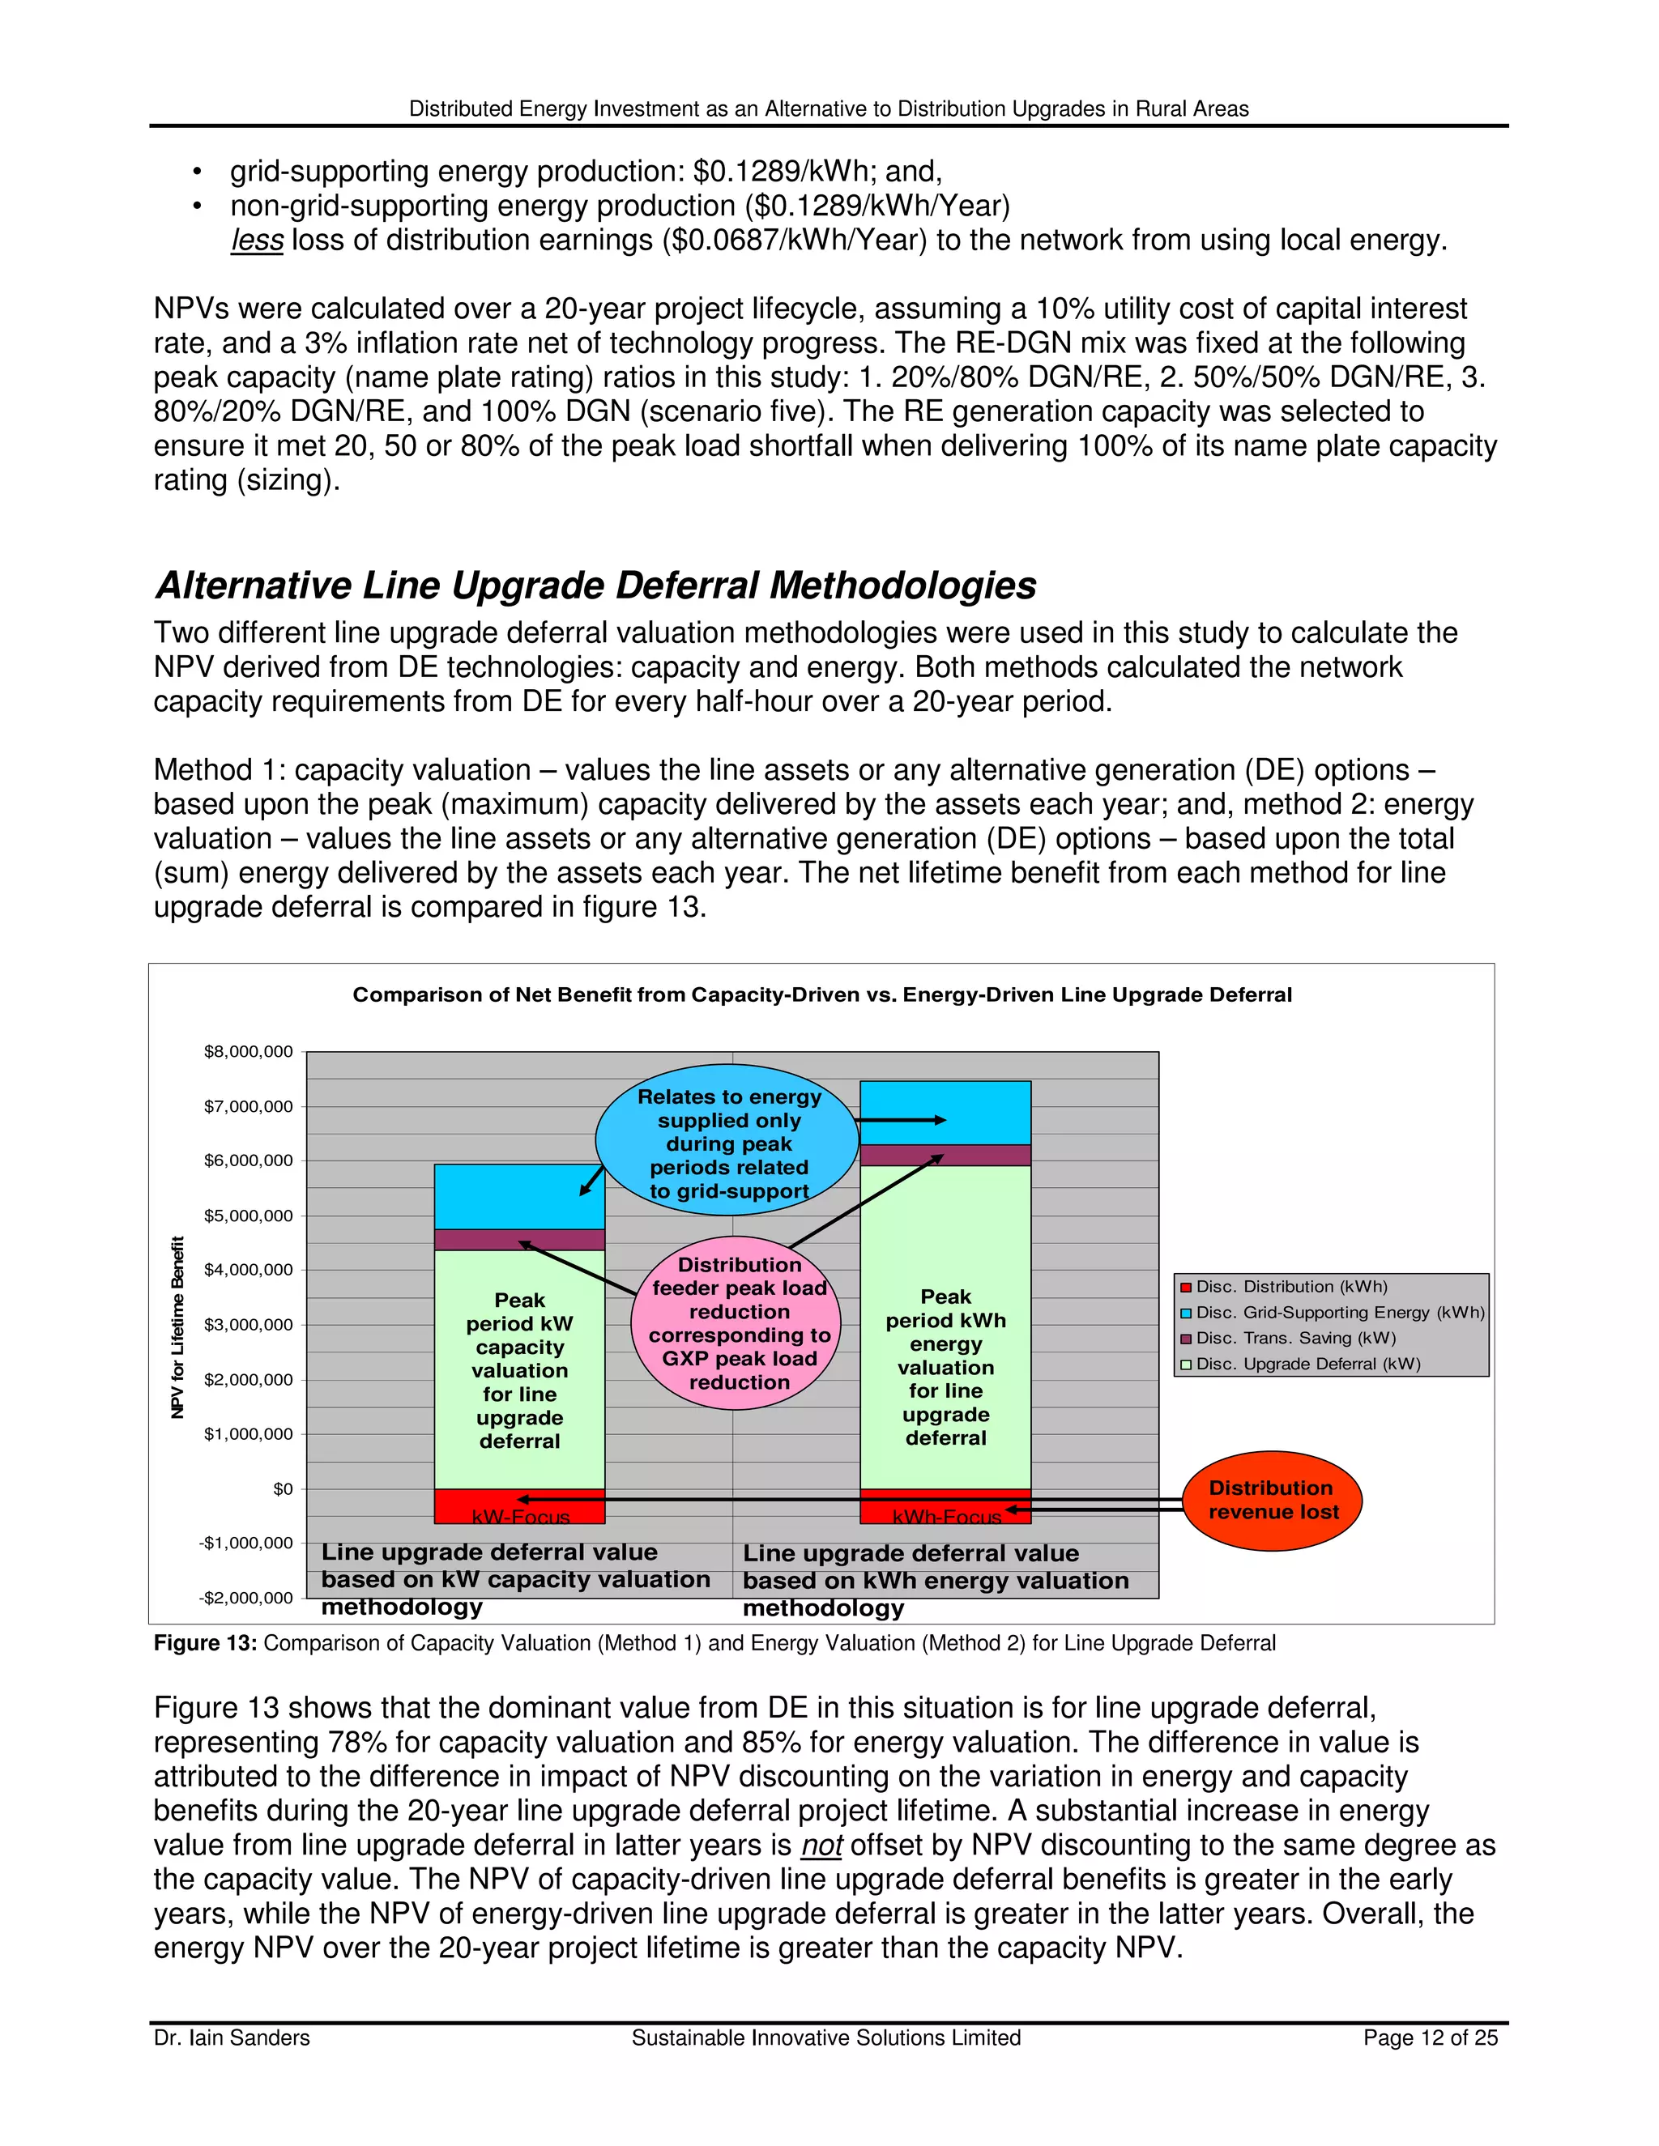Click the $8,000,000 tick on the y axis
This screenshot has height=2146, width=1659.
[248, 1051]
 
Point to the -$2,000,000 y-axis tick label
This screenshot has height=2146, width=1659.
[245, 1598]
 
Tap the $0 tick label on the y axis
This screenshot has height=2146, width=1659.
[283, 1488]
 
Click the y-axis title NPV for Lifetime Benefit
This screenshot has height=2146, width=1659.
[178, 1326]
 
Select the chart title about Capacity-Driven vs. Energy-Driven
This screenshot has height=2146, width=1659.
[821, 994]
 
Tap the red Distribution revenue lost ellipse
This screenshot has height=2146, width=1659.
[1272, 1501]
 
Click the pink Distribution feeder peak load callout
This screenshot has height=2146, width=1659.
[738, 1322]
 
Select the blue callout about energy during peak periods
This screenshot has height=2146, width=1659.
[728, 1142]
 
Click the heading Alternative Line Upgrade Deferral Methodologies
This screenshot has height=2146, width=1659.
[595, 585]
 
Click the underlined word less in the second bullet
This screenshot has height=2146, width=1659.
[257, 240]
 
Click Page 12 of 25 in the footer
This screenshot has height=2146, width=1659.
[1430, 2038]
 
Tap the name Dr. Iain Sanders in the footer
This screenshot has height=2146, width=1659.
[232, 2038]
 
